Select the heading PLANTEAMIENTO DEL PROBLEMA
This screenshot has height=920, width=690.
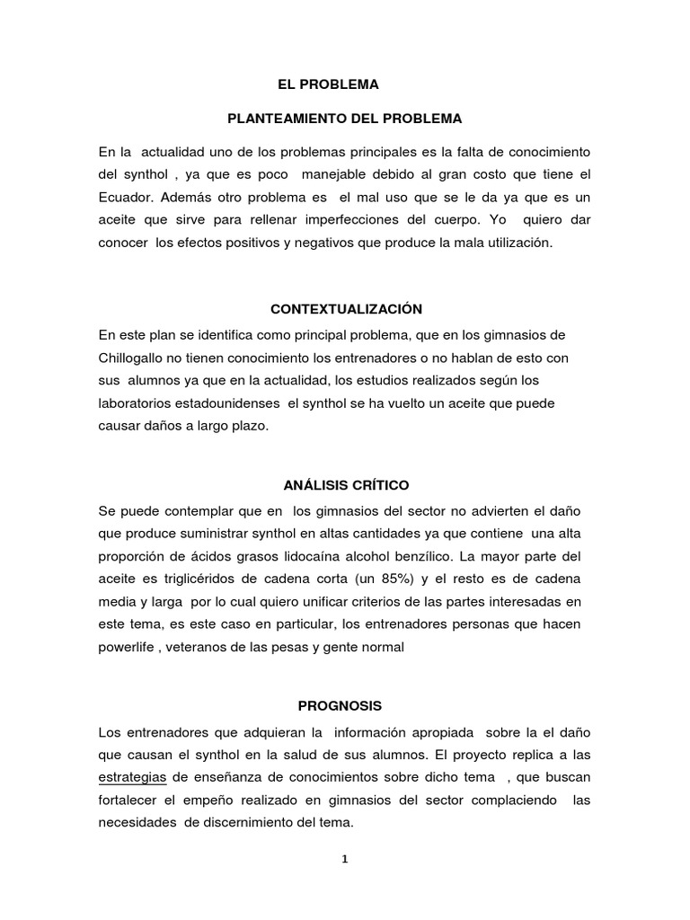coord(344,118)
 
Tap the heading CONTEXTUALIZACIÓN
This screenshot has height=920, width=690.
coord(346,309)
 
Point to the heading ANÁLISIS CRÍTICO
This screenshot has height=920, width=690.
coord(346,485)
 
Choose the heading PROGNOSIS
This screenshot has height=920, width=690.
coord(346,682)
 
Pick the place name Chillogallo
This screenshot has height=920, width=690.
coord(137,358)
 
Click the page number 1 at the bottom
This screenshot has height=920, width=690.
coord(344,858)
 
